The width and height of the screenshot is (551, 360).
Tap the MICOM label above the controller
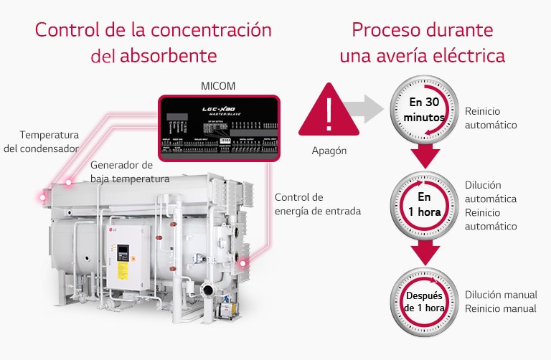218,86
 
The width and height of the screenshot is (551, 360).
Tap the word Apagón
329,151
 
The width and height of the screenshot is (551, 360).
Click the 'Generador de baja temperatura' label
130,171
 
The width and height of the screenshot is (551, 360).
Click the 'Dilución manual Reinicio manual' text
500,301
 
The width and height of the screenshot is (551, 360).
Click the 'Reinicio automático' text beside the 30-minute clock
491,118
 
